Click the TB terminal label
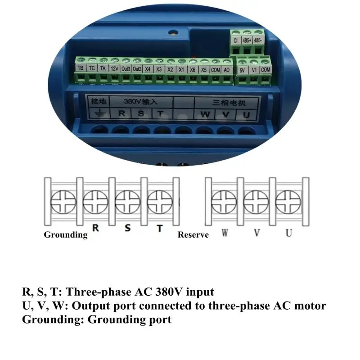pyautogui.click(x=81, y=68)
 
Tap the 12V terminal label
pyautogui.click(x=115, y=69)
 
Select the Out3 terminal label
pyautogui.click(x=126, y=69)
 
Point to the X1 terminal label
pyautogui.click(x=181, y=70)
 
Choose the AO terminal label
pyautogui.click(x=227, y=70)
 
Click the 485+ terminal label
pyautogui.click(x=247, y=40)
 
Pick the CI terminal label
pyautogui.click(x=235, y=40)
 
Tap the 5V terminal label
pyautogui.click(x=242, y=70)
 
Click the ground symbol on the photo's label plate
pyautogui.click(x=99, y=113)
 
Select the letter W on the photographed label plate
pyautogui.click(x=205, y=114)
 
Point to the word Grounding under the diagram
pyautogui.click(x=66, y=234)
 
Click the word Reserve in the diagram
pyautogui.click(x=193, y=234)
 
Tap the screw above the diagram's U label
pyautogui.click(x=288, y=201)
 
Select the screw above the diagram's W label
pyautogui.click(x=224, y=201)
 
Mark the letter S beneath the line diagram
pyautogui.click(x=127, y=228)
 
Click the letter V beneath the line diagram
pyautogui.click(x=256, y=233)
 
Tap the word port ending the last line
pyautogui.click(x=161, y=320)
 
